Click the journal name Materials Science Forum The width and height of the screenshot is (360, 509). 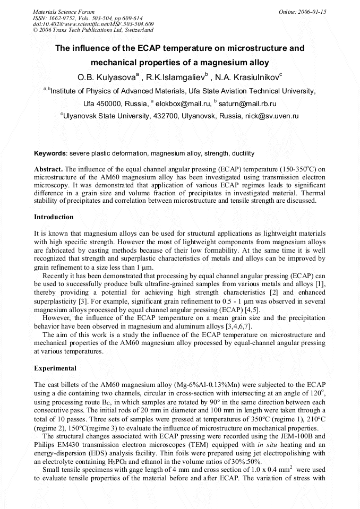tap(64, 11)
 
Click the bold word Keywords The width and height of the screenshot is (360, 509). tap(50, 153)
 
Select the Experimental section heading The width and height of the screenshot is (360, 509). tap(55, 368)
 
